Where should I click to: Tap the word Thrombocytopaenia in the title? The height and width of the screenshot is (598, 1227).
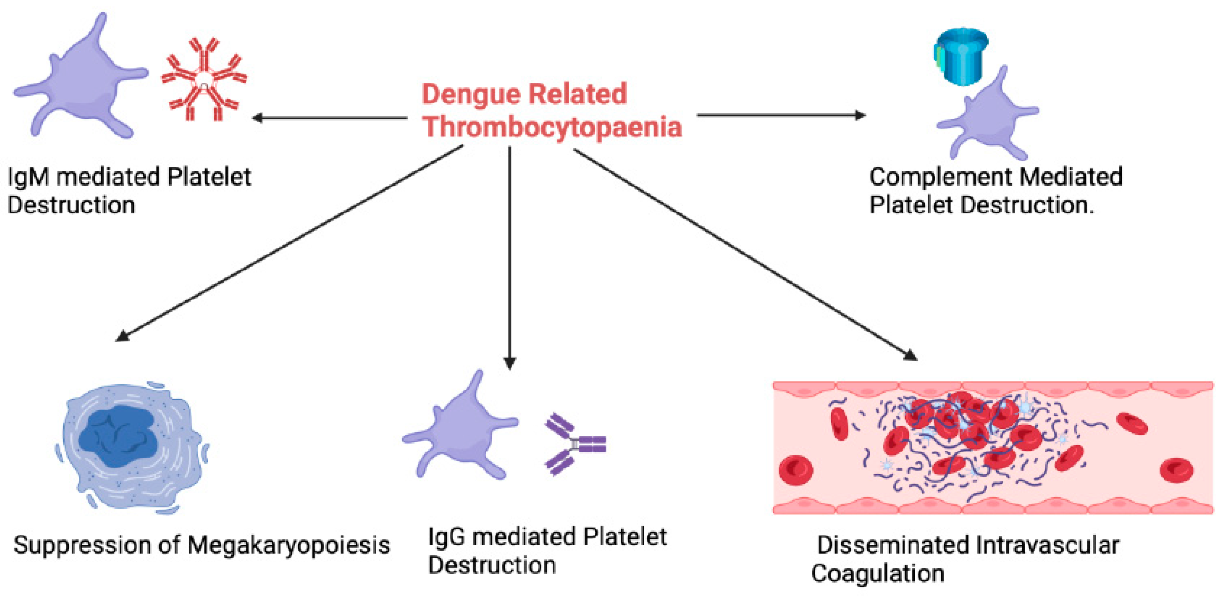coord(553,127)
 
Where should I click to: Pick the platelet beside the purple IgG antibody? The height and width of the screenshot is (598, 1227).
coord(460,429)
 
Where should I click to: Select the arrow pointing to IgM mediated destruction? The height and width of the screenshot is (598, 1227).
coord(329,118)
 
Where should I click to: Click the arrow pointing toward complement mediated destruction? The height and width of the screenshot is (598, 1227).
coord(781,115)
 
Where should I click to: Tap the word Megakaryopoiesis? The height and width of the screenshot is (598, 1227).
coord(289,545)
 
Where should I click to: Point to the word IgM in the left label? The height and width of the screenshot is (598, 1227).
coord(28,177)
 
